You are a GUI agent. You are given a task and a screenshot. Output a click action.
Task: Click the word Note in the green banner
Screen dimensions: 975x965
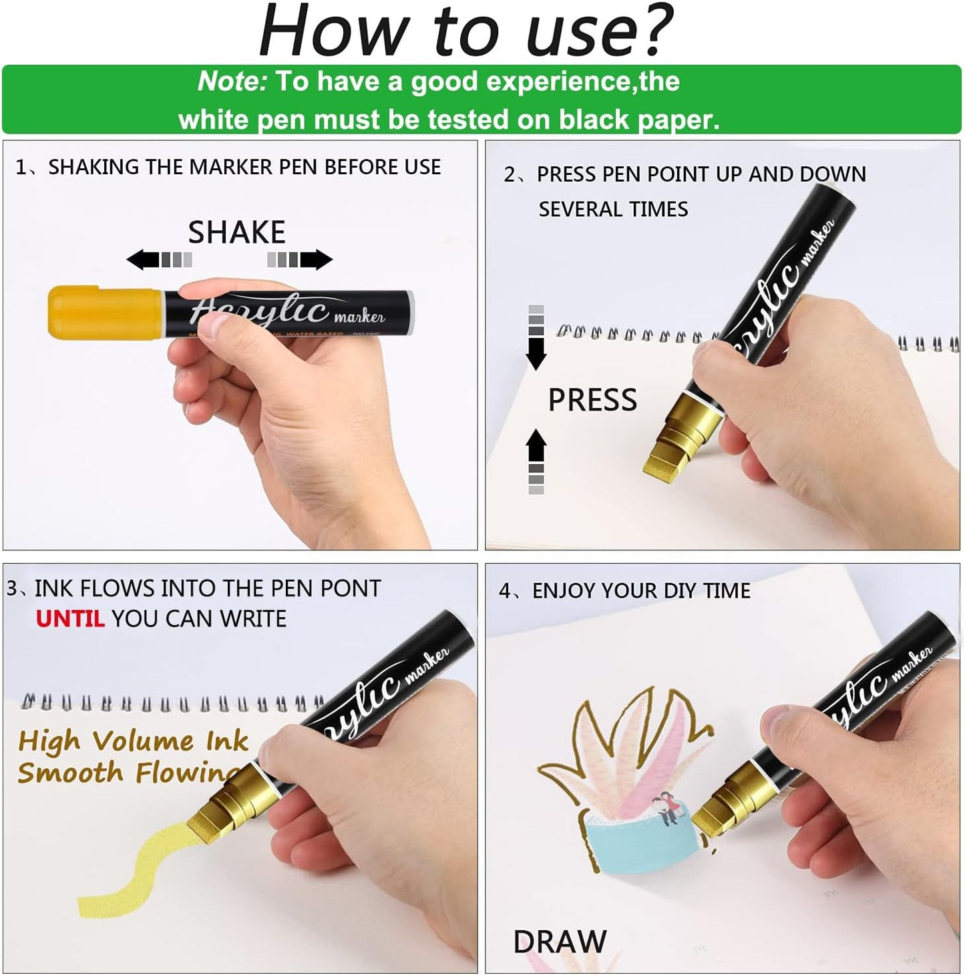[x=231, y=81]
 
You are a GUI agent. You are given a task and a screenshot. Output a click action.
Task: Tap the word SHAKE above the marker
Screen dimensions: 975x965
[x=236, y=232]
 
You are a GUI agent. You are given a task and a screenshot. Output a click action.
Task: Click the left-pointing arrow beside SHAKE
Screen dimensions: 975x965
[x=144, y=260]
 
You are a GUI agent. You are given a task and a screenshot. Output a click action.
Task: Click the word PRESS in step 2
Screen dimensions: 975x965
[x=592, y=400]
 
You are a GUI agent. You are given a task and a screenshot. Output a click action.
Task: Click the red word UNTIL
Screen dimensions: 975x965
[x=70, y=619]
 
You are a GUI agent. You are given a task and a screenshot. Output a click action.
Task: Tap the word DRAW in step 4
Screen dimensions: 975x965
[x=560, y=942]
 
